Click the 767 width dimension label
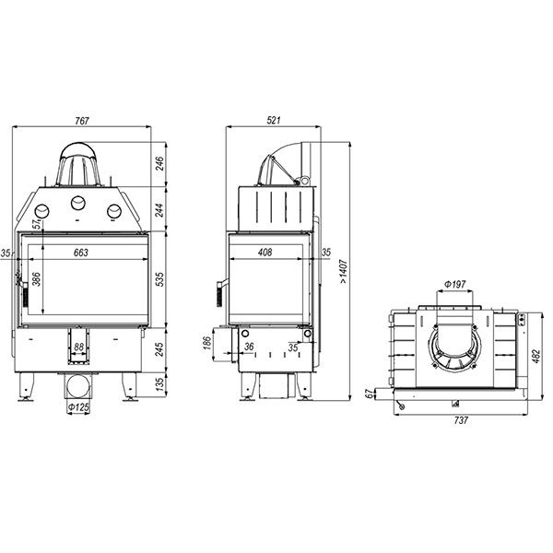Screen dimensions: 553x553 tap(82, 121)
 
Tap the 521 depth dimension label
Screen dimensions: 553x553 tap(274, 120)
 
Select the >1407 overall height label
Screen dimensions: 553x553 tap(343, 272)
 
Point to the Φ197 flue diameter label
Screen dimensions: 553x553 tap(455, 284)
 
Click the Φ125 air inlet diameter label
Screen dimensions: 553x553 tap(78, 407)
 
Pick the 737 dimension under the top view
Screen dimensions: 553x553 tap(461, 420)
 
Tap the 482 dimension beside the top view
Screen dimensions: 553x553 tap(535, 357)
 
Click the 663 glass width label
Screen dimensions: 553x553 tap(81, 253)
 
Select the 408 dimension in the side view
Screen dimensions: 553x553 tap(265, 253)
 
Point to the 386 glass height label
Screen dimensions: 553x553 tap(36, 278)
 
